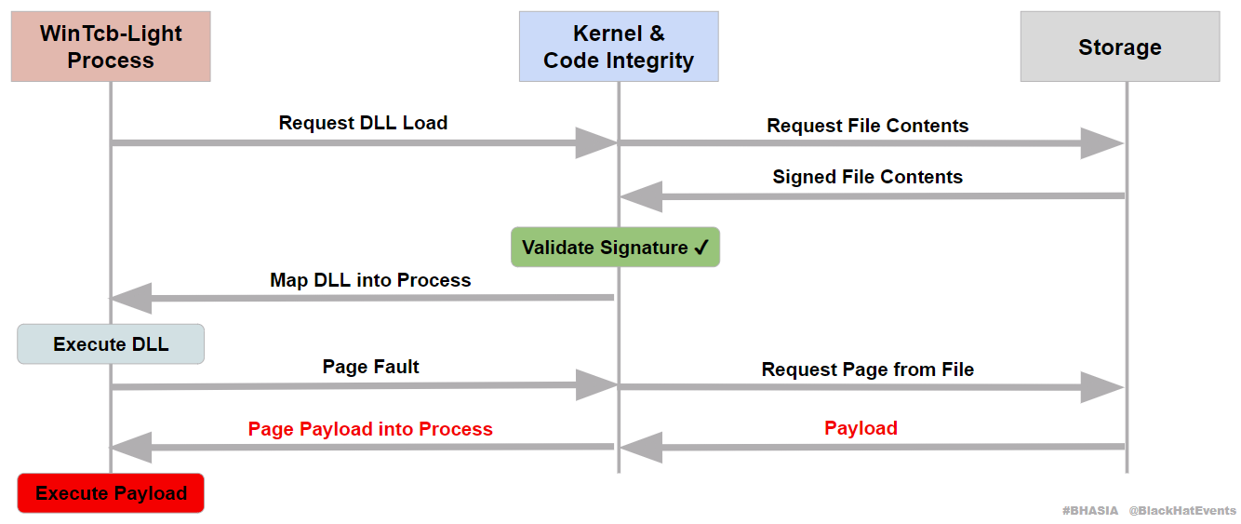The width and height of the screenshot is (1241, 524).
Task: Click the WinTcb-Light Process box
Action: [111, 47]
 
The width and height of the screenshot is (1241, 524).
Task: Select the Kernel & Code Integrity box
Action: [619, 47]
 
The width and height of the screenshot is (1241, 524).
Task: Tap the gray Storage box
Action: [1119, 47]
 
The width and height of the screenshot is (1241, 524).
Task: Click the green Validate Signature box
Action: [615, 248]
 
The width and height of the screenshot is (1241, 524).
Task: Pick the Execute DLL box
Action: [111, 344]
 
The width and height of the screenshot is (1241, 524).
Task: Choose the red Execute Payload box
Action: [111, 493]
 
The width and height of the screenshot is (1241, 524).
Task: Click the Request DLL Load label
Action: [363, 123]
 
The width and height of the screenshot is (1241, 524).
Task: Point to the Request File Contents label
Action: [867, 126]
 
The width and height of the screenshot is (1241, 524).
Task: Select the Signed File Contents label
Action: [867, 177]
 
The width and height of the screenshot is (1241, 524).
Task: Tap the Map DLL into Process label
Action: [370, 280]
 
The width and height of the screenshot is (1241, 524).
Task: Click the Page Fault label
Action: [370, 367]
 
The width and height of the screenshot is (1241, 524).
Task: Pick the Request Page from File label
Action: [867, 369]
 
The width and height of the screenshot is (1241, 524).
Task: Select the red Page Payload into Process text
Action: [370, 429]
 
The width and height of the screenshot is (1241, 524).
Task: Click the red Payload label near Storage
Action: [861, 428]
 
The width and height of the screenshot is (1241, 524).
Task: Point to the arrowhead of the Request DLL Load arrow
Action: [596, 142]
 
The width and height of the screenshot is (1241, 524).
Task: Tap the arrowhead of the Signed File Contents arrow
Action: [641, 196]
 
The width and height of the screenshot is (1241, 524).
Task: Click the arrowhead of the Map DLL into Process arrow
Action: [131, 298]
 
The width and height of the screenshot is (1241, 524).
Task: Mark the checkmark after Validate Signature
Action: [701, 248]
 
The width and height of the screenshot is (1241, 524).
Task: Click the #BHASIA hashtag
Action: [1090, 511]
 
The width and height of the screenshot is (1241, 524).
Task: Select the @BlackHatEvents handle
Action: [1182, 511]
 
